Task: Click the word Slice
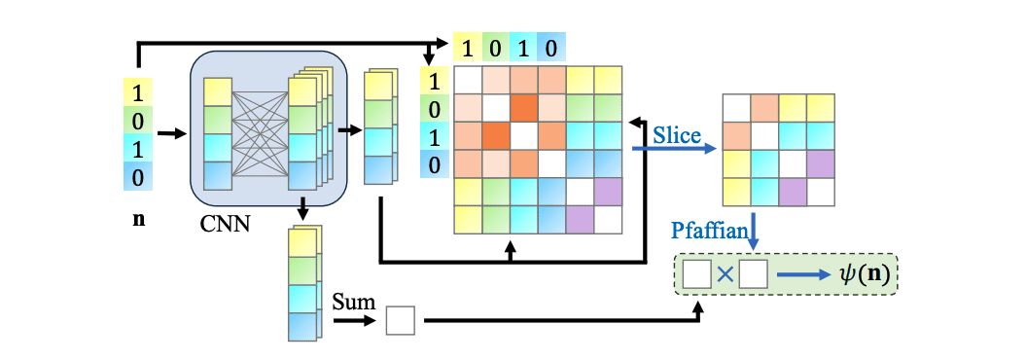point(677,135)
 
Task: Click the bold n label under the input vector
point(138,220)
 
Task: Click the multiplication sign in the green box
point(725,275)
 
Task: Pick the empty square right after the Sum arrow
point(401,319)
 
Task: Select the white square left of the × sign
point(697,275)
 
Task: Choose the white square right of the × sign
point(753,275)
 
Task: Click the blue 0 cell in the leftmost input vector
point(138,177)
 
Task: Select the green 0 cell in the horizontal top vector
point(496,46)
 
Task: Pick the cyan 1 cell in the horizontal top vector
point(524,46)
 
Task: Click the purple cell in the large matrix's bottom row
point(580,220)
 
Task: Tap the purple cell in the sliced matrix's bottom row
point(793,192)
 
